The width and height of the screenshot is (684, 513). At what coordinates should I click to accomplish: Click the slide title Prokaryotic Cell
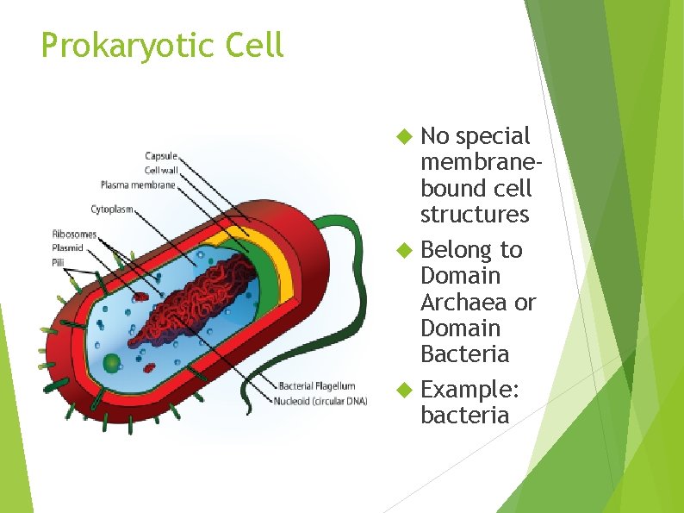[x=162, y=46]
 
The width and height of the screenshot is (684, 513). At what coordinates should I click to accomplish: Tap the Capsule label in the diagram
[x=161, y=156]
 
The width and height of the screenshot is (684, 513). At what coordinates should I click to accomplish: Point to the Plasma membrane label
[x=138, y=184]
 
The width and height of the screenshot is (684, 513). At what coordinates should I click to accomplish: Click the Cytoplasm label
[x=112, y=209]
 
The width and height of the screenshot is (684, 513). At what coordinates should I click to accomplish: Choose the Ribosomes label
[x=74, y=234]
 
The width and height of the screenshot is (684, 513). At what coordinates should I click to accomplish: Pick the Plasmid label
[x=67, y=247]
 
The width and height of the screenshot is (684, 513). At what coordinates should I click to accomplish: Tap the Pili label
[x=59, y=261]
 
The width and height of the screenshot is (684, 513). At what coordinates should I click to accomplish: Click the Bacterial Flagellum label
[x=316, y=386]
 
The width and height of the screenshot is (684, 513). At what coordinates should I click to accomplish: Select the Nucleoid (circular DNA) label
[x=320, y=401]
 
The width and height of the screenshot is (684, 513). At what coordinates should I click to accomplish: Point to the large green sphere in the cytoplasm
[x=111, y=363]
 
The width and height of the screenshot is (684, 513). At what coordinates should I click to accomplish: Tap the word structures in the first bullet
[x=475, y=214]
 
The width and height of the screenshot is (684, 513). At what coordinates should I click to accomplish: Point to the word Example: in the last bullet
[x=469, y=390]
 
